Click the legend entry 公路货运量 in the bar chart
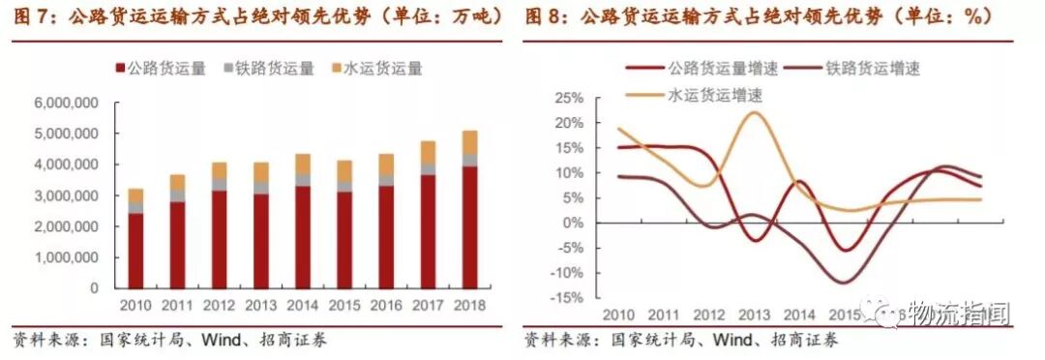point(162,69)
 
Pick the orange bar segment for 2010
point(135,195)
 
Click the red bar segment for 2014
point(303,237)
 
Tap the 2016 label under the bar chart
point(386,306)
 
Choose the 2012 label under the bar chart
point(219,306)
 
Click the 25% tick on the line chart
point(568,99)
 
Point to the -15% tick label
point(566,297)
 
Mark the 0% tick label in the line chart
point(574,223)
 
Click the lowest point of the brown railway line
point(843,283)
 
